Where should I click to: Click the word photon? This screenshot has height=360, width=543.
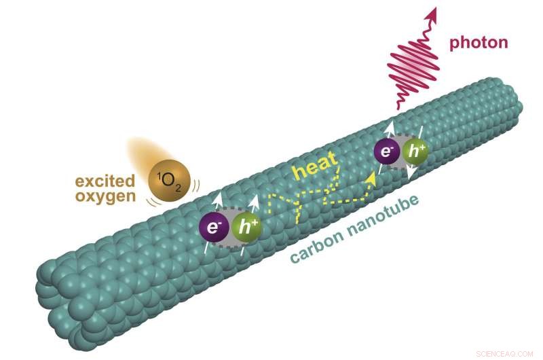point(478,43)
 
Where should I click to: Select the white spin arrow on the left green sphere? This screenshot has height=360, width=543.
point(254,204)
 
